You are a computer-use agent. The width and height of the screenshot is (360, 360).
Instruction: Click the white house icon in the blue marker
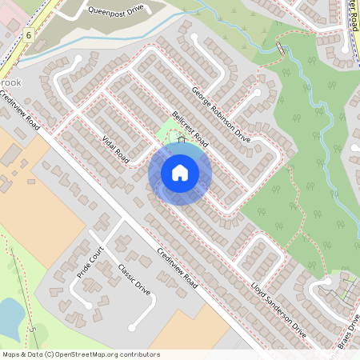coord(179,172)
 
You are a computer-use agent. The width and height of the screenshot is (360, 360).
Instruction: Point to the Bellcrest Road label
coord(184,128)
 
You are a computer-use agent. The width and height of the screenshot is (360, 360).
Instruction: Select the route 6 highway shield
coord(28,35)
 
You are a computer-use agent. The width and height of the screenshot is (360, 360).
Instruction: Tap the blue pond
coord(8,317)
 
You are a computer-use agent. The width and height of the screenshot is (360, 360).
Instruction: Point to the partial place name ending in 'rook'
coord(10,82)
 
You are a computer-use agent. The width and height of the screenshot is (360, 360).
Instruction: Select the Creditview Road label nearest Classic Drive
coord(177,271)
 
